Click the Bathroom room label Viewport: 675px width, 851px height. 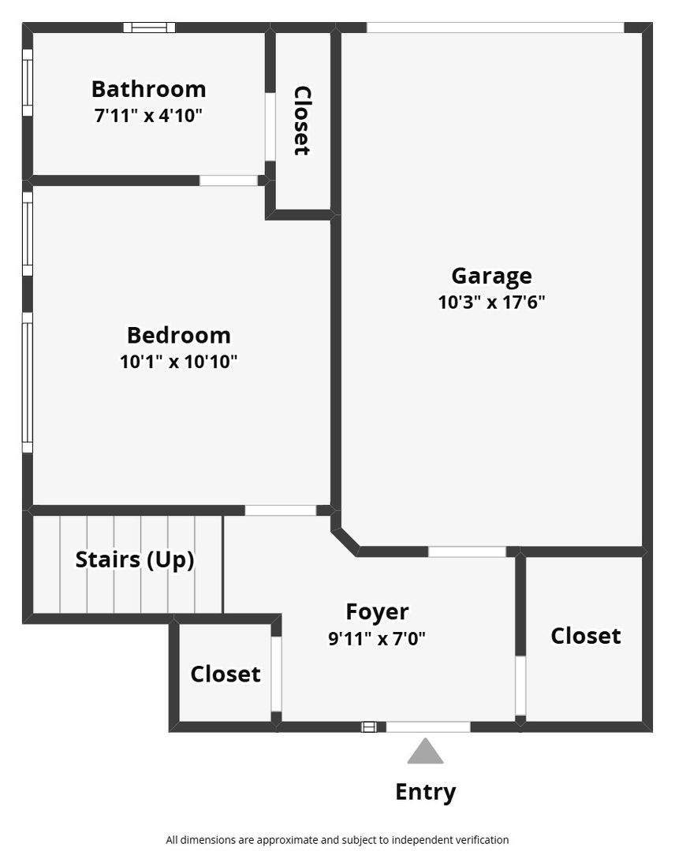tap(148, 89)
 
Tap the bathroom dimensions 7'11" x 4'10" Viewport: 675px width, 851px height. tap(148, 116)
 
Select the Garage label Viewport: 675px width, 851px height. tap(491, 277)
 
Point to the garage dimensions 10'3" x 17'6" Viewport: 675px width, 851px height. tap(491, 303)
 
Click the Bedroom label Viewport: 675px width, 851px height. tap(179, 336)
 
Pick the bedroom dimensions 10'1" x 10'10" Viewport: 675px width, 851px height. tap(179, 362)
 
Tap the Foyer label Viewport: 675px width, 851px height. tap(377, 612)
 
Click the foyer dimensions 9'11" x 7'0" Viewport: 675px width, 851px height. tap(377, 639)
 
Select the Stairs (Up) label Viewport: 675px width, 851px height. tap(135, 560)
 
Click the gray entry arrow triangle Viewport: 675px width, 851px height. tap(425, 751)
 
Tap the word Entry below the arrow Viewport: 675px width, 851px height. tap(425, 793)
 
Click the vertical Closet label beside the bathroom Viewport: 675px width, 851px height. tap(302, 121)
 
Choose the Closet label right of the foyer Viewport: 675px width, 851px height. tap(585, 636)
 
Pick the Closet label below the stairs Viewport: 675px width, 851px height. tap(226, 674)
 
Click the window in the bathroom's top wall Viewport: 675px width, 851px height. tap(149, 27)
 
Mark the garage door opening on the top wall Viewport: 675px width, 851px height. tap(495, 27)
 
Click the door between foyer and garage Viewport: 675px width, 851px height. tap(467, 552)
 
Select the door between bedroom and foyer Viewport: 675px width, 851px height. tap(280, 511)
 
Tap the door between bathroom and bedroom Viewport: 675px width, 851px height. tap(229, 180)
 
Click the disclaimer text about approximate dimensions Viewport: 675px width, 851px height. tap(337, 840)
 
